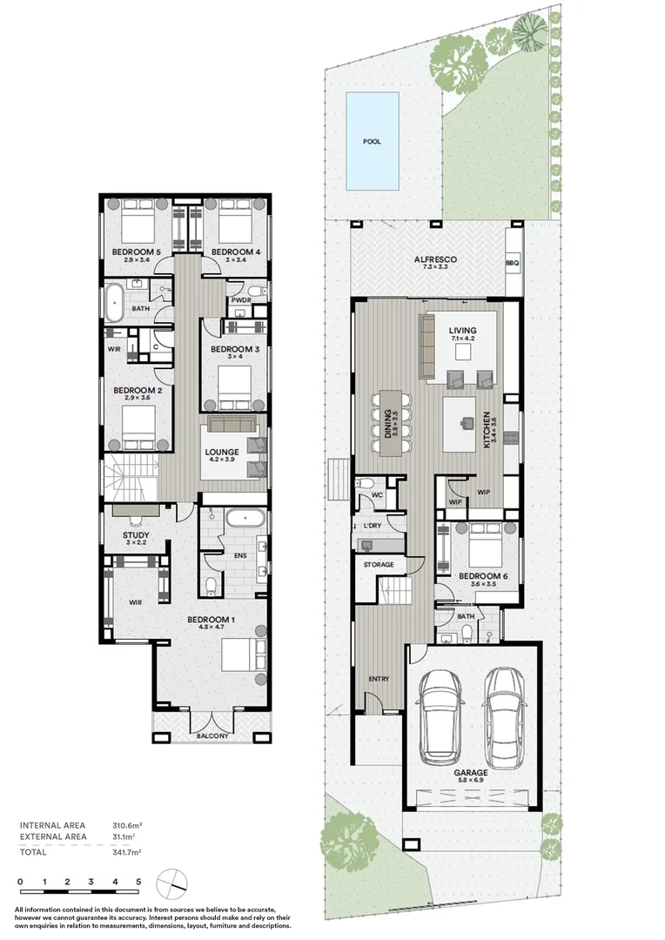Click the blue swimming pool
point(372,140)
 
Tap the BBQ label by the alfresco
point(512,263)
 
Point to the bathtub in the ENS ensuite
point(245,517)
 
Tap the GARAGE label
point(470,773)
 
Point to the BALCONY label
point(212,735)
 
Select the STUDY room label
point(136,535)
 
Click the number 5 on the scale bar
point(138,882)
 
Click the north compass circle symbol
point(172,883)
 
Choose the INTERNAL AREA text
point(53,825)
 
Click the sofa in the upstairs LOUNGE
point(232,424)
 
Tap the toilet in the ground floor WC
point(366,483)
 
